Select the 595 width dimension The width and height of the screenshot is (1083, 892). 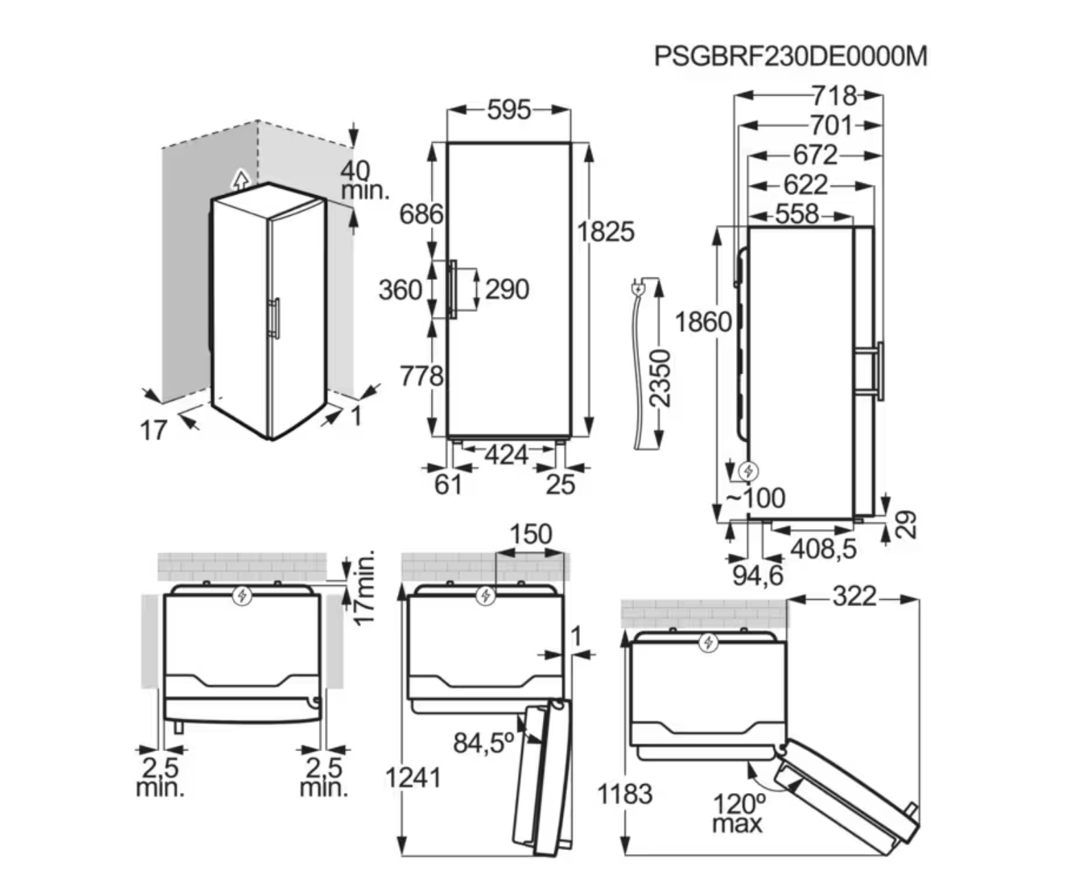coord(509,110)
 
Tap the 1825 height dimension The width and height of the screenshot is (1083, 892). coord(605,232)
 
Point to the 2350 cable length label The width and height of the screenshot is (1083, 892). coord(659,378)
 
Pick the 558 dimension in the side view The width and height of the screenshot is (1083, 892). coord(797,214)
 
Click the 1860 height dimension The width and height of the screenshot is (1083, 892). coord(702,322)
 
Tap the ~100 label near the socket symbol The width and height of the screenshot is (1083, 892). coord(756,498)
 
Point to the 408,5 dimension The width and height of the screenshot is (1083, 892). coord(823,548)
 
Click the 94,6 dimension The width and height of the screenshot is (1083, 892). coord(757,575)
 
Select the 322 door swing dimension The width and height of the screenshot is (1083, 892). coord(854,596)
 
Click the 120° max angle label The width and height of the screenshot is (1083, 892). coord(738,812)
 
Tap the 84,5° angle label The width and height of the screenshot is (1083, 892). coord(483,742)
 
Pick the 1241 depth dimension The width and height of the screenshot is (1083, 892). coord(412,778)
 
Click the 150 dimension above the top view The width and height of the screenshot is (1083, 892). coord(531,534)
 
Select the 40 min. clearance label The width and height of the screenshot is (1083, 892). coord(364,180)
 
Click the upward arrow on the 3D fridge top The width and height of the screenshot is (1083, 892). coord(240,180)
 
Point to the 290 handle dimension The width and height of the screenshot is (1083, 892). coord(506,289)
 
